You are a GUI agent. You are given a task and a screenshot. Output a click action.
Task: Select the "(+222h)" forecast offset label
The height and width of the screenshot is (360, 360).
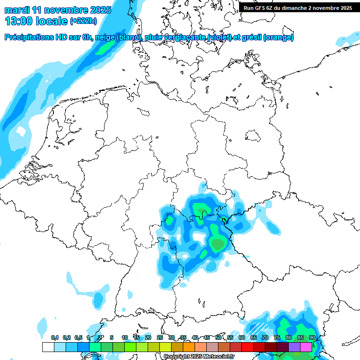(84, 21)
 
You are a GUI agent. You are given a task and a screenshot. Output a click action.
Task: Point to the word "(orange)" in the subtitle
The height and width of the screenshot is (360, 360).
(278, 37)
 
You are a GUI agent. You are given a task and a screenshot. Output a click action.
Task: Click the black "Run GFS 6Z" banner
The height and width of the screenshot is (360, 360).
(297, 7)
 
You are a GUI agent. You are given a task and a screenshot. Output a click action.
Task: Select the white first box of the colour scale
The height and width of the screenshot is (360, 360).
(48, 347)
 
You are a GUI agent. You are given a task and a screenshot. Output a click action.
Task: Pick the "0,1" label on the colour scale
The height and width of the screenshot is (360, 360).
(55, 338)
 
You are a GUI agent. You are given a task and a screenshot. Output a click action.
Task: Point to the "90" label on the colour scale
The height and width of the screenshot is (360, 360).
(312, 338)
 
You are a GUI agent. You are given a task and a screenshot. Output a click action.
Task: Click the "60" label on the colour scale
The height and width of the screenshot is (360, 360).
(241, 338)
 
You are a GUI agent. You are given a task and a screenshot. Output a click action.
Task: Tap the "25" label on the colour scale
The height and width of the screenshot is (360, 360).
(159, 338)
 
